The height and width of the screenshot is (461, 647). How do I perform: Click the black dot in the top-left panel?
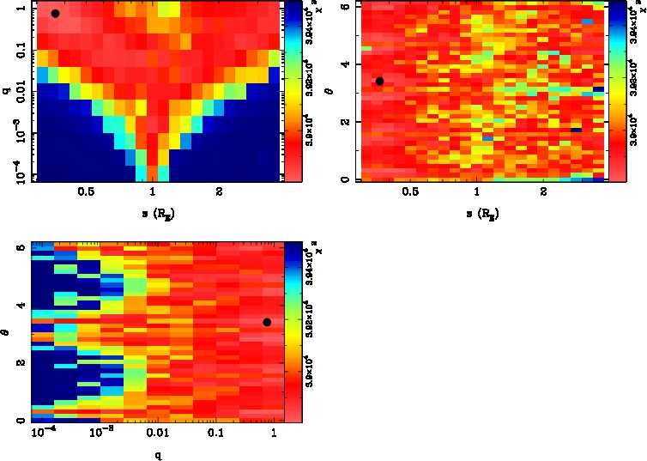pyautogui.click(x=55, y=14)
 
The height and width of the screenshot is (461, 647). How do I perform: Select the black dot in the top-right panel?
pyautogui.click(x=379, y=81)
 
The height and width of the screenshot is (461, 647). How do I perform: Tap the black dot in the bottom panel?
pyautogui.click(x=267, y=322)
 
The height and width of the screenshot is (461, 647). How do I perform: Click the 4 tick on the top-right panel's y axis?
pyautogui.click(x=344, y=64)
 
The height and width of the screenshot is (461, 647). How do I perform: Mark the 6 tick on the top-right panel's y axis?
pyautogui.click(x=344, y=7)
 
